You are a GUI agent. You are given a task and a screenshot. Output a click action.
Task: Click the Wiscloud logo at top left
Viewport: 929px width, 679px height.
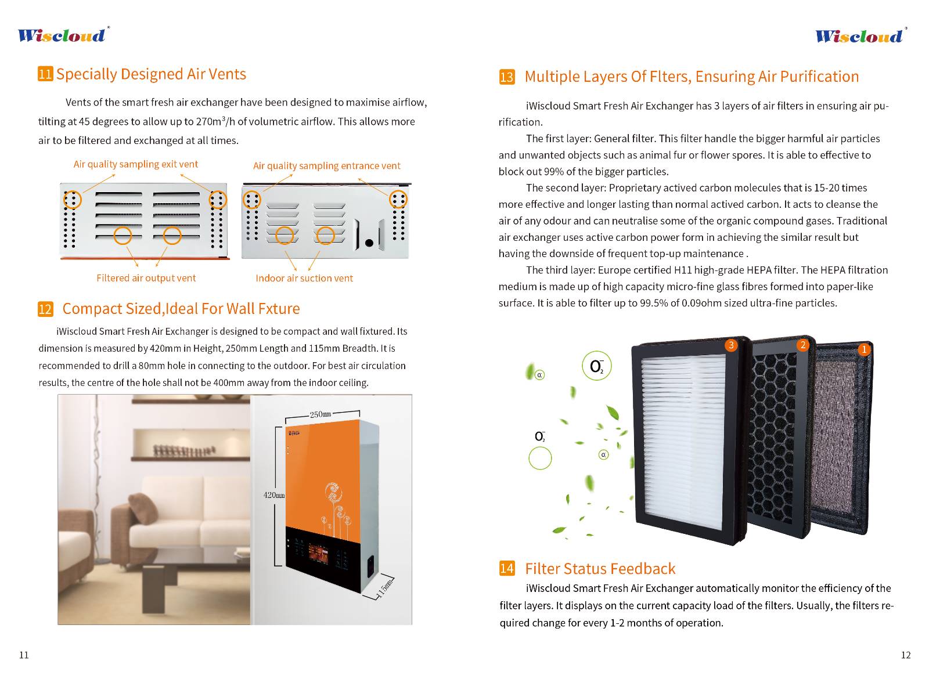click(62, 35)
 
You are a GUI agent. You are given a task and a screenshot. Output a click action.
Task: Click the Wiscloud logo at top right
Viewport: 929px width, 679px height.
click(859, 37)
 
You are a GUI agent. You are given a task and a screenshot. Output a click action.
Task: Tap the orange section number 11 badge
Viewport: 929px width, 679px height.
click(45, 74)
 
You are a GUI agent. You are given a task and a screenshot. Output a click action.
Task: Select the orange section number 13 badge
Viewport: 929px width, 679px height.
click(506, 77)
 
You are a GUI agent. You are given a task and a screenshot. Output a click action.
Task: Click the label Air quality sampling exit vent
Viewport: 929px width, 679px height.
click(135, 164)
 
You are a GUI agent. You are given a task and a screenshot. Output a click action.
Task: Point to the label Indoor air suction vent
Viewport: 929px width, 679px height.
click(304, 278)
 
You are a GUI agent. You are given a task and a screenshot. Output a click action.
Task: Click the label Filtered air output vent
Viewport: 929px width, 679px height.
click(146, 278)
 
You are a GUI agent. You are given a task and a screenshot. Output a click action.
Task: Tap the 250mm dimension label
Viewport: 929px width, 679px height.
click(320, 414)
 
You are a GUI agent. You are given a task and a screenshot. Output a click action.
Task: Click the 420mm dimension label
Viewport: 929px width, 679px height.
click(274, 495)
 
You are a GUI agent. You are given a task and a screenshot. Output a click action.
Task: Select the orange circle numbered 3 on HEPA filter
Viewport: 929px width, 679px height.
click(731, 345)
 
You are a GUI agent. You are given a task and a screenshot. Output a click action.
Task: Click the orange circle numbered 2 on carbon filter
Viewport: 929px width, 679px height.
click(803, 345)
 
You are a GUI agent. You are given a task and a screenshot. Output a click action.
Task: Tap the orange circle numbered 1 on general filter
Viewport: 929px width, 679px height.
click(863, 349)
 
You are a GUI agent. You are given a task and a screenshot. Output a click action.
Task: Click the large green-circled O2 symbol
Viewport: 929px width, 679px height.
click(596, 366)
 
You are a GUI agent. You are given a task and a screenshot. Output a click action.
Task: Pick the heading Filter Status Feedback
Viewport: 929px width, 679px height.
click(600, 569)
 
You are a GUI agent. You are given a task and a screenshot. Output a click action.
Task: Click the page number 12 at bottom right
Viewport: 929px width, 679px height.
click(905, 655)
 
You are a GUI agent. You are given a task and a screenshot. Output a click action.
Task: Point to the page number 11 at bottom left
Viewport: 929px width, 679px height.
click(24, 655)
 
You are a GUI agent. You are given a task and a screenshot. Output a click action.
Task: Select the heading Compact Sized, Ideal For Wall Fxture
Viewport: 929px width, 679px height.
click(181, 309)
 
